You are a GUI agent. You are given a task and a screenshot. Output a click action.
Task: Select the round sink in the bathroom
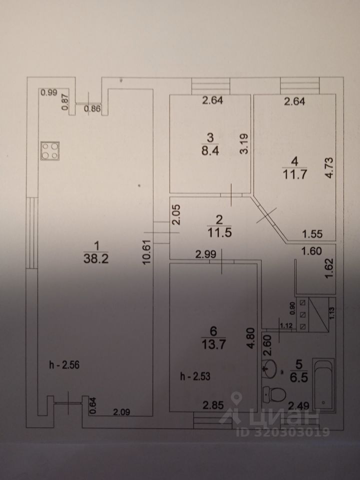tap(270, 369)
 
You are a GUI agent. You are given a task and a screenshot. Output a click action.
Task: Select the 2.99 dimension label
tap(205, 254)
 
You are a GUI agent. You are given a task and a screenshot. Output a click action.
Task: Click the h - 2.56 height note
tap(62, 365)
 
